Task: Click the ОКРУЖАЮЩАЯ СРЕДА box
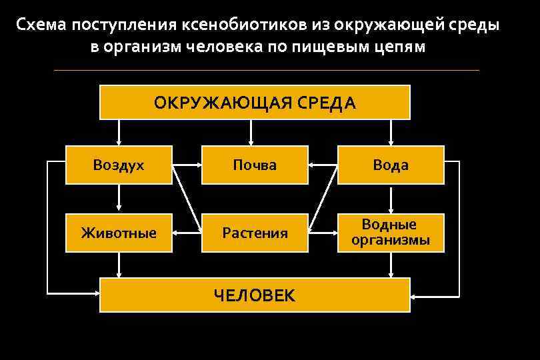pos(255,103)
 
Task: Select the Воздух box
pos(119,165)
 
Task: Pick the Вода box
pos(391,165)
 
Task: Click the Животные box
pos(119,233)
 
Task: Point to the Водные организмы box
pos(391,232)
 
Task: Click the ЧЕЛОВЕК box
pos(255,295)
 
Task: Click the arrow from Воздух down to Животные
pos(119,199)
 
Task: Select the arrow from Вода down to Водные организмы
pos(391,199)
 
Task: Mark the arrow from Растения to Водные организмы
pos(323,233)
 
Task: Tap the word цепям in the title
pos(397,48)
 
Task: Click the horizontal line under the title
pos(267,70)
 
